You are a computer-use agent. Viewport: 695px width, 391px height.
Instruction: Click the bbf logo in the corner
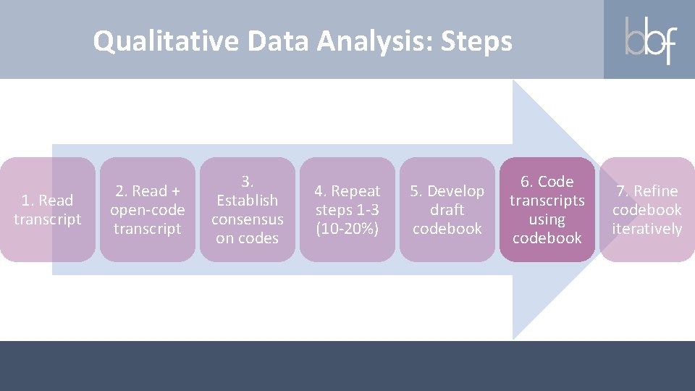tap(649, 39)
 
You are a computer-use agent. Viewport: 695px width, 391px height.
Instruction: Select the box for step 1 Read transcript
tap(48, 209)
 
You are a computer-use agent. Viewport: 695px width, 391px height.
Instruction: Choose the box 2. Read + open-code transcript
tap(147, 209)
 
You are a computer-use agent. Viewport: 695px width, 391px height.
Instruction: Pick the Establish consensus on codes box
tap(248, 209)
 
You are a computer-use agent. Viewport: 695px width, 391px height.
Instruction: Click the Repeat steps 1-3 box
tap(347, 209)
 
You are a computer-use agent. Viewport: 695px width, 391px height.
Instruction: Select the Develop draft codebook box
tap(447, 209)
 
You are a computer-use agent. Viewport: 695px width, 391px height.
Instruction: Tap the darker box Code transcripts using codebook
tap(547, 209)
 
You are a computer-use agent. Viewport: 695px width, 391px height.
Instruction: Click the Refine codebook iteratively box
tap(646, 209)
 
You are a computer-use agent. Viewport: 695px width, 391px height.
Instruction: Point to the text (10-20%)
tap(347, 229)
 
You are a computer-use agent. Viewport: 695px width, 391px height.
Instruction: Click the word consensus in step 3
tap(248, 219)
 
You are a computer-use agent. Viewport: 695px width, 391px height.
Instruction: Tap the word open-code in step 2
tap(148, 210)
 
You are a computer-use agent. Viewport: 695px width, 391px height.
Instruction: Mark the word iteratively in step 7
tap(646, 229)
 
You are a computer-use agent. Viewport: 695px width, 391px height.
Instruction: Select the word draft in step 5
tap(447, 210)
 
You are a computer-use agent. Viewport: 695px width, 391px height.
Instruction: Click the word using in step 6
tap(547, 219)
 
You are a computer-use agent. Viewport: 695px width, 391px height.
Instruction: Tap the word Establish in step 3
tap(248, 200)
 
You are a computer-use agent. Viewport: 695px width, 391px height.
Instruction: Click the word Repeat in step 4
tap(355, 191)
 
